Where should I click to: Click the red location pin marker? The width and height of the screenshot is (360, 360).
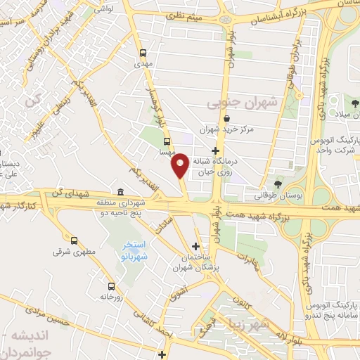pyautogui.click(x=180, y=164)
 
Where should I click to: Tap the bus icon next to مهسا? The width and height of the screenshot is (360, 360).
pyautogui.click(x=167, y=141)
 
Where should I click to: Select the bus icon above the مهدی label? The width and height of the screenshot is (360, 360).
pyautogui.click(x=143, y=53)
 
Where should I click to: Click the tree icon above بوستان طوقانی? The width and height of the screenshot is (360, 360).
pyautogui.click(x=279, y=184)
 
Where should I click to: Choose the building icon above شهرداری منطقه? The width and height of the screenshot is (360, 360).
pyautogui.click(x=121, y=192)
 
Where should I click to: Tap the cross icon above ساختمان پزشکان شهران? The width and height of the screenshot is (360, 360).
pyautogui.click(x=196, y=246)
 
